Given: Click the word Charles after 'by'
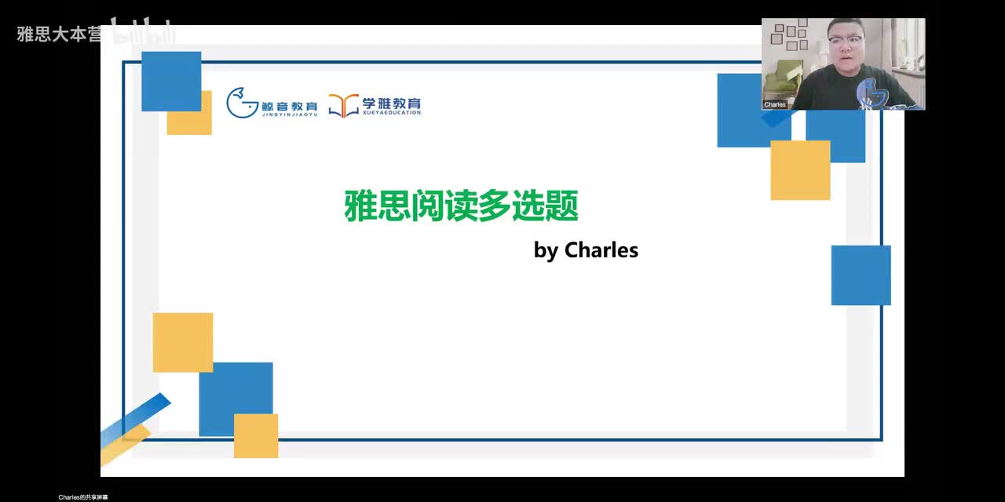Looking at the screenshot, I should [601, 250].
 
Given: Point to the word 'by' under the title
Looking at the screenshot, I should [546, 251].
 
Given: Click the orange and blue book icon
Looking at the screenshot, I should [343, 105].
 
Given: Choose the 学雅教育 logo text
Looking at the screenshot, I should [392, 105].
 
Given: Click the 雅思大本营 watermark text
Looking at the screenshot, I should [59, 35].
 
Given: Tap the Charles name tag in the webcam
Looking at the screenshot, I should [775, 104].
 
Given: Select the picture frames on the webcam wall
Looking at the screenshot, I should [789, 35].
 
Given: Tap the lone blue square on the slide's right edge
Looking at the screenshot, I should [861, 275].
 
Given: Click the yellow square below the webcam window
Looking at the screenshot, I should [800, 170].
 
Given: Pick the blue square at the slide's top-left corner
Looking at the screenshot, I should [171, 81].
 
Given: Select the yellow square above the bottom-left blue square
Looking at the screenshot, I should [182, 342].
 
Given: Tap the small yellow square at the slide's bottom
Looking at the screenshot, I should [256, 435].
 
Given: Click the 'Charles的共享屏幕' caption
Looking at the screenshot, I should [83, 497].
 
